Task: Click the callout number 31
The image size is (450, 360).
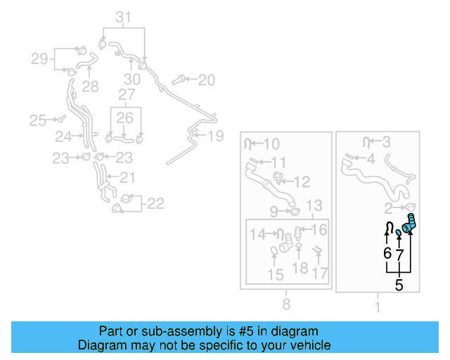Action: (x=124, y=17)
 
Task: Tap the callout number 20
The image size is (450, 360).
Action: (x=207, y=80)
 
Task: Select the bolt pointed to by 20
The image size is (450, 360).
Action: (x=179, y=80)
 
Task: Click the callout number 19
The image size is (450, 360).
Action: (x=216, y=136)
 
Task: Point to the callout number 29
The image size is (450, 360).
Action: (x=39, y=59)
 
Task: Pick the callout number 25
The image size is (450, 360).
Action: (x=37, y=120)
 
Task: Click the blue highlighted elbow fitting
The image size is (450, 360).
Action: (x=409, y=224)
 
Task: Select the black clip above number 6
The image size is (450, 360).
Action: (x=389, y=227)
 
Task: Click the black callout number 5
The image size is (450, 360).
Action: (x=399, y=285)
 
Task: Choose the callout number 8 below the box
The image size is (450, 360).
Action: (x=286, y=304)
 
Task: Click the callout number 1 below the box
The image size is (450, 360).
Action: (x=378, y=307)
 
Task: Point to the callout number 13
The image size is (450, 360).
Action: (x=314, y=205)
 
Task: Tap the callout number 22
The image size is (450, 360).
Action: (x=155, y=204)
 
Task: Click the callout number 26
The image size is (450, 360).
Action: (x=125, y=118)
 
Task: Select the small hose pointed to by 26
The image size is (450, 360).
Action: (x=124, y=139)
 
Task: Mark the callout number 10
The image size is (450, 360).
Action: (x=271, y=144)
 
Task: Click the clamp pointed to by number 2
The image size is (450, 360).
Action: (x=409, y=207)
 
